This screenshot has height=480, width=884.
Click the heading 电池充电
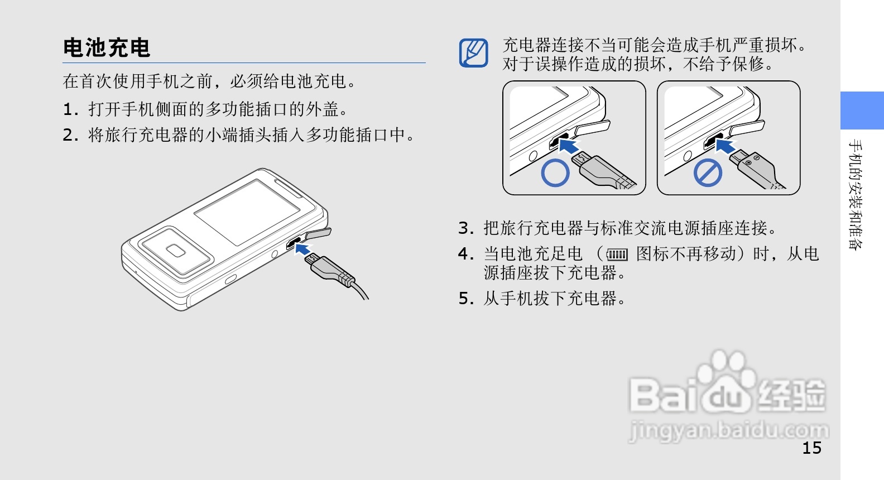[x=107, y=48]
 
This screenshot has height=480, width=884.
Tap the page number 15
[x=812, y=448]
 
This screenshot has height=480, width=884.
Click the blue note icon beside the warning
[x=474, y=53]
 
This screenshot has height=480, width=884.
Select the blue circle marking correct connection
[x=555, y=172]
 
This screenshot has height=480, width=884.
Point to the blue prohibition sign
[x=708, y=172]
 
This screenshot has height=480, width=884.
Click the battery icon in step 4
[x=617, y=255]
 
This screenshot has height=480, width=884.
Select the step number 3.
[x=465, y=228]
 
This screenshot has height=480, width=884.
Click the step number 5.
[x=465, y=299]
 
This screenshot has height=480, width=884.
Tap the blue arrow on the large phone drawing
[x=302, y=249]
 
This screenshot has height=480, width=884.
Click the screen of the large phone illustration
[x=247, y=212]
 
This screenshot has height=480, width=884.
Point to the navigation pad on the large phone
[x=176, y=251]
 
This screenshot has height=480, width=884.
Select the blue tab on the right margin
[x=862, y=111]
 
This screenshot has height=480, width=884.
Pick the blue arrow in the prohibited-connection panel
[x=725, y=145]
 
